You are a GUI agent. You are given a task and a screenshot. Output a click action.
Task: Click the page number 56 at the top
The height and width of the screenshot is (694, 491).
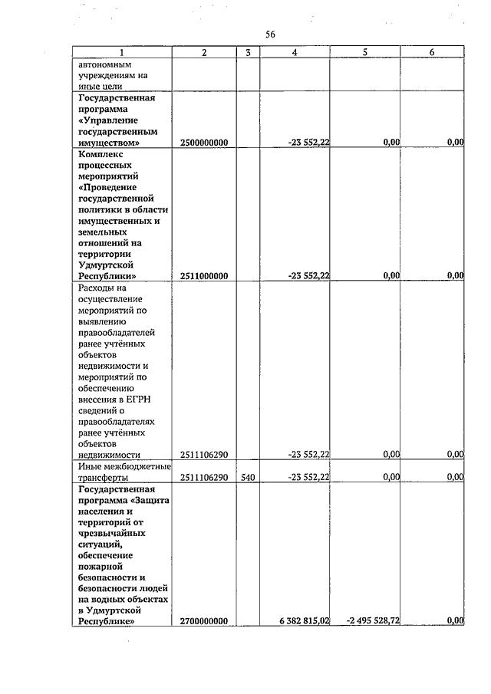(x=269, y=35)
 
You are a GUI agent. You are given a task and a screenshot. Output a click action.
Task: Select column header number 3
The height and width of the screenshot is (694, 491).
(x=248, y=52)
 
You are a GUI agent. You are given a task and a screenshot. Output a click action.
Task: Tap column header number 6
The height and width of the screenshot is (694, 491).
(x=432, y=52)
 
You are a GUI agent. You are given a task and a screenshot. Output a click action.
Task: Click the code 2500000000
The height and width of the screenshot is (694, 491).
(x=205, y=143)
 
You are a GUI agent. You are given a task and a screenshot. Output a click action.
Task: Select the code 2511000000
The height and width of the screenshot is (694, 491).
(x=205, y=276)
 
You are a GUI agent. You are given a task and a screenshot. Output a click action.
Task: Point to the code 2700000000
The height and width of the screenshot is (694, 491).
(x=205, y=621)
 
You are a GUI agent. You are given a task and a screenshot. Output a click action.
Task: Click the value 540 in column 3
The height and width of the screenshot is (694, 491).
(x=247, y=477)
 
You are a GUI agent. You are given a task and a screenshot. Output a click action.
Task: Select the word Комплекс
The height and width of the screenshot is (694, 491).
(x=101, y=154)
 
